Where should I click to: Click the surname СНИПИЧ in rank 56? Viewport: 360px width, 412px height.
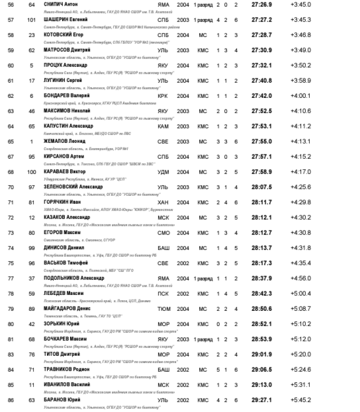(54, 4)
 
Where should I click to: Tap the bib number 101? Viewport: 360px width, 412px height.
(32, 20)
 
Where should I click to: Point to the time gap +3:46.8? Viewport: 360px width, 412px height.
(300, 35)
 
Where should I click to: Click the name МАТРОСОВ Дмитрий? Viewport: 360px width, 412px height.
(65, 50)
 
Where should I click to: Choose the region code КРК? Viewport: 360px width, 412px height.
(163, 96)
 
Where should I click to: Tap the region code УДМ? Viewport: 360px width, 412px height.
(164, 172)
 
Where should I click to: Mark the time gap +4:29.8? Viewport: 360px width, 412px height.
(300, 202)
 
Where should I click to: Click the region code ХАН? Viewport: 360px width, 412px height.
(163, 202)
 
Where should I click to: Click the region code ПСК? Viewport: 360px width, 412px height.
(163, 294)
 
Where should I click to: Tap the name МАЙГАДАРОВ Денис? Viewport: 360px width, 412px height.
(67, 309)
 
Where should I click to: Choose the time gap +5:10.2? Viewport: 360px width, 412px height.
(300, 324)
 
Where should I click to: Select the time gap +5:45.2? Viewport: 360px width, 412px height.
(300, 400)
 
